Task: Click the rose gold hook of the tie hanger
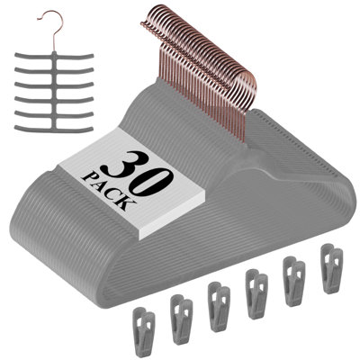pyautogui.click(x=53, y=30)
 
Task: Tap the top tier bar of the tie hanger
pyautogui.click(x=54, y=56)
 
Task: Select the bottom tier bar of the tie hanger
pyautogui.click(x=54, y=129)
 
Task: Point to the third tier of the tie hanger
pyautogui.click(x=54, y=85)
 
